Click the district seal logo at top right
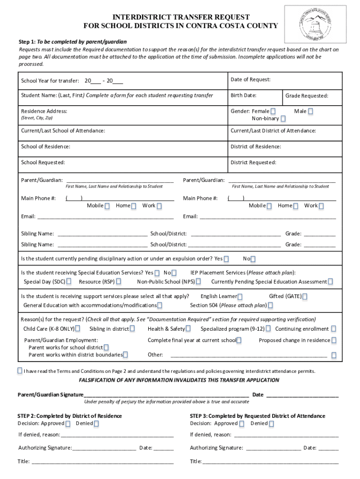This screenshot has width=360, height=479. (x=322, y=24)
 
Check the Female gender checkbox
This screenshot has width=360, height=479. (x=273, y=111)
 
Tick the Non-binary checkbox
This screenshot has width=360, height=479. (x=283, y=119)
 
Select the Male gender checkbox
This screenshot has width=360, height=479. (x=310, y=111)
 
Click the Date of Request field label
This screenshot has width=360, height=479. (x=251, y=80)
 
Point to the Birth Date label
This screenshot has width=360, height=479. (x=243, y=95)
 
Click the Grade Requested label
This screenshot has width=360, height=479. (x=307, y=96)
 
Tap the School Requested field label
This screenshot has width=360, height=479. (x=43, y=163)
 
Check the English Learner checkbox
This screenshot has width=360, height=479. (x=240, y=297)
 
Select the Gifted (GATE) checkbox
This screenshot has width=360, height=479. (x=305, y=297)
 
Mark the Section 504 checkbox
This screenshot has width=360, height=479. (x=270, y=306)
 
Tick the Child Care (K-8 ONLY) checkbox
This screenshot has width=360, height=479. (x=78, y=329)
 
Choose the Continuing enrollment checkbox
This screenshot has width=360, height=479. (x=333, y=329)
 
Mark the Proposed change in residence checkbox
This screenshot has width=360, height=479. (x=334, y=341)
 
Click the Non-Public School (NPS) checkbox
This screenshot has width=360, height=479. (x=198, y=282)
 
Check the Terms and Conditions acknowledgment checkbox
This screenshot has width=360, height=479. (x=20, y=370)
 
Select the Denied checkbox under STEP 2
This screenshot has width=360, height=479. (x=96, y=424)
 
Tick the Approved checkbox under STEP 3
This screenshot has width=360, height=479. (x=242, y=424)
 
